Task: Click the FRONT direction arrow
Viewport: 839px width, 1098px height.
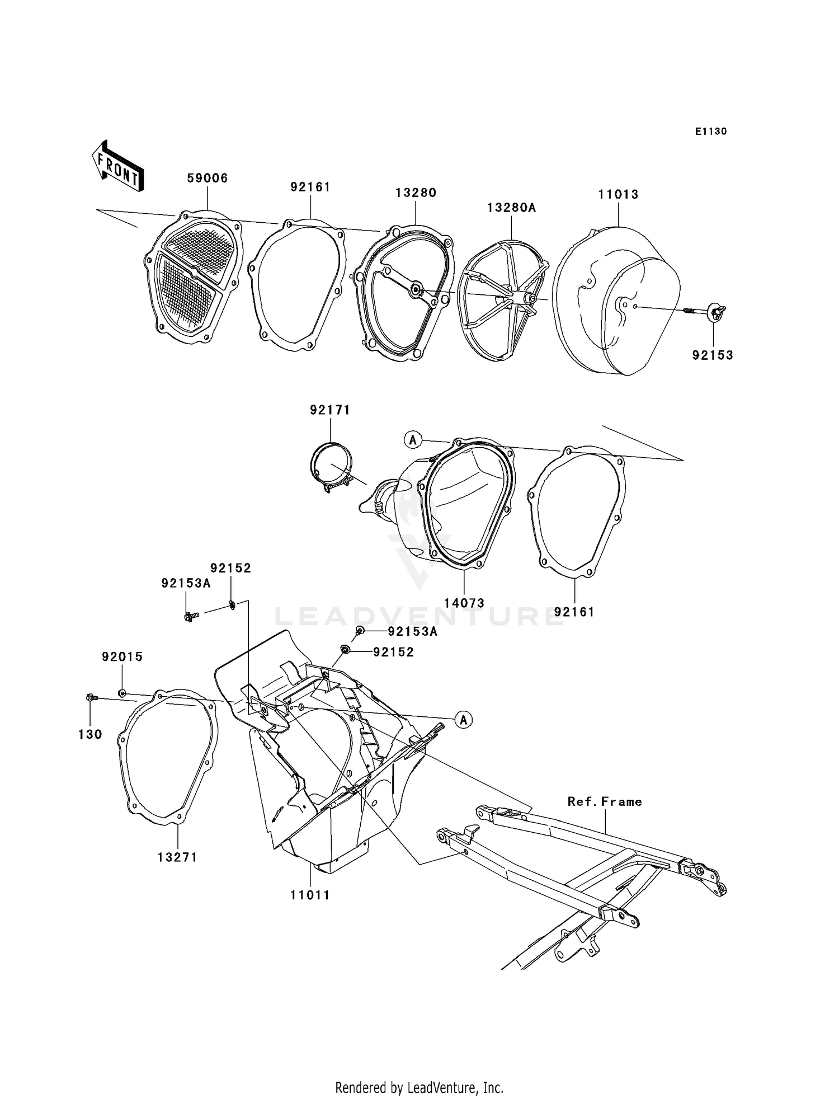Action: (x=117, y=167)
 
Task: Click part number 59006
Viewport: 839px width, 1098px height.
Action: (x=207, y=178)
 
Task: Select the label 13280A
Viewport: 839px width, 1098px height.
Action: (x=511, y=208)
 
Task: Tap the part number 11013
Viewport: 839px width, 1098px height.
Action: (x=618, y=194)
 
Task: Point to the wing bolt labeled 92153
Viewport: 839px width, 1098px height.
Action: (x=715, y=311)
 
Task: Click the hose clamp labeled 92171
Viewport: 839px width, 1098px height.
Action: (x=331, y=465)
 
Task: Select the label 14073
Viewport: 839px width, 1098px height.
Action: (x=464, y=603)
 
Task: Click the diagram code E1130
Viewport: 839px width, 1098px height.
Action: (x=711, y=132)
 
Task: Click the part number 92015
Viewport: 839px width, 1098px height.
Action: (x=122, y=656)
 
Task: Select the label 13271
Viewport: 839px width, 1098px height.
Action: (x=177, y=857)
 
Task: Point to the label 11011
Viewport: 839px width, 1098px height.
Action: (x=310, y=895)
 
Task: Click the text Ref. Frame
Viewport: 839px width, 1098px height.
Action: (x=605, y=801)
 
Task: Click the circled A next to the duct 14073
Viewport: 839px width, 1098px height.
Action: (x=413, y=440)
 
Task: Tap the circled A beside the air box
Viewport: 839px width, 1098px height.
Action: (x=463, y=720)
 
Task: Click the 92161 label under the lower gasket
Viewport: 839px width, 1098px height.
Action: (x=574, y=612)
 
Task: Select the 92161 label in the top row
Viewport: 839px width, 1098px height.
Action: (x=310, y=187)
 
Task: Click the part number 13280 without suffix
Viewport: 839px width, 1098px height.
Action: (x=416, y=193)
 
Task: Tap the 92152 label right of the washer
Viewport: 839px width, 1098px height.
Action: (x=393, y=652)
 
